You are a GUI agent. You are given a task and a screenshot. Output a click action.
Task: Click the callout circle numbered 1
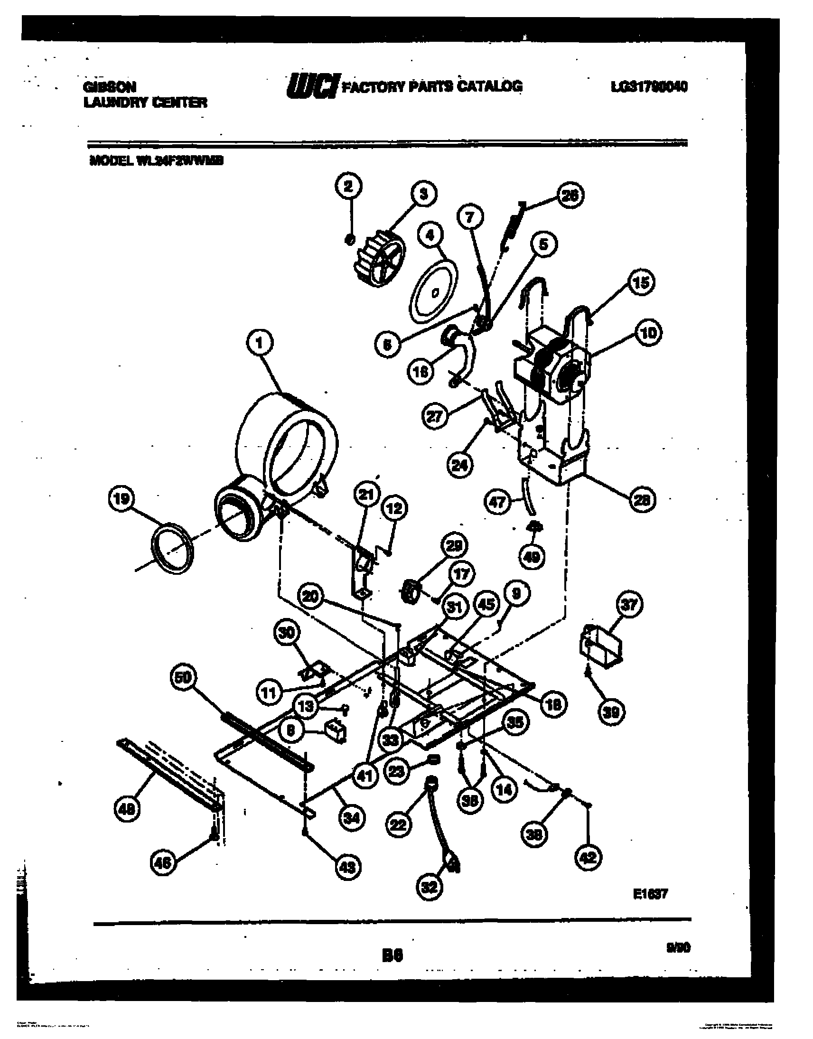[259, 344]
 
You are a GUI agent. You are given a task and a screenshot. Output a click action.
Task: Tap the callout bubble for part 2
[349, 187]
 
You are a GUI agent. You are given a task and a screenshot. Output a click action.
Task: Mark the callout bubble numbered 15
[640, 283]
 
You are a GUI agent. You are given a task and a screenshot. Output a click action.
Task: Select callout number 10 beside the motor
[648, 333]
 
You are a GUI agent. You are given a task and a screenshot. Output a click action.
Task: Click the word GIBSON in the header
[110, 87]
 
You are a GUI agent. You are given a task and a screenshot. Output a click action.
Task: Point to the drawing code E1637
[650, 894]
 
